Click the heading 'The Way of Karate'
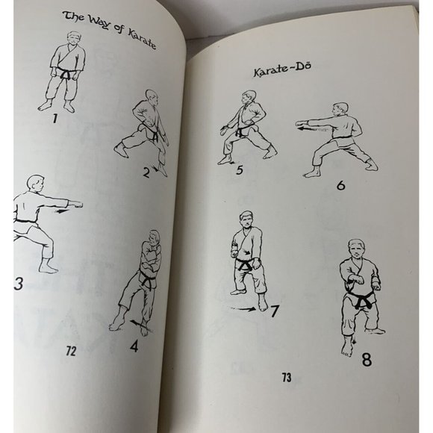click(109, 29)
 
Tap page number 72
click(70, 351)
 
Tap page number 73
click(287, 378)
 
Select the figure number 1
click(54, 117)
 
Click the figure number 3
click(18, 284)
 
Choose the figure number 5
click(239, 169)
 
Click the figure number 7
click(275, 310)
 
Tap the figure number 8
click(366, 358)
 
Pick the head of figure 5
click(248, 99)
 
